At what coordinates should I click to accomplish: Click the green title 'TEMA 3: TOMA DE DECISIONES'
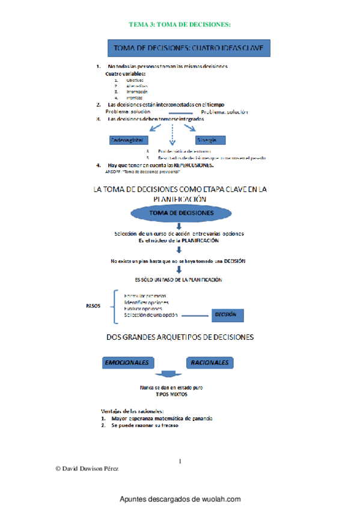pyautogui.click(x=180, y=24)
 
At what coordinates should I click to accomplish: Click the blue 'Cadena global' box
pyautogui.click(x=129, y=140)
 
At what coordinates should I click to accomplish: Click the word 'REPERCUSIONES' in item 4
pyautogui.click(x=189, y=164)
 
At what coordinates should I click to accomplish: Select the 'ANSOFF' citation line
pyautogui.click(x=133, y=170)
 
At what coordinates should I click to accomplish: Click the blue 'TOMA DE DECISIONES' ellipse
pyautogui.click(x=180, y=213)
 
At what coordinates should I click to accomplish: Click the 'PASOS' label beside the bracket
pyautogui.click(x=93, y=305)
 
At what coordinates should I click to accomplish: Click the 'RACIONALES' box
pyautogui.click(x=210, y=363)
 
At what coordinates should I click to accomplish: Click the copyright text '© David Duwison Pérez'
pyautogui.click(x=87, y=468)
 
